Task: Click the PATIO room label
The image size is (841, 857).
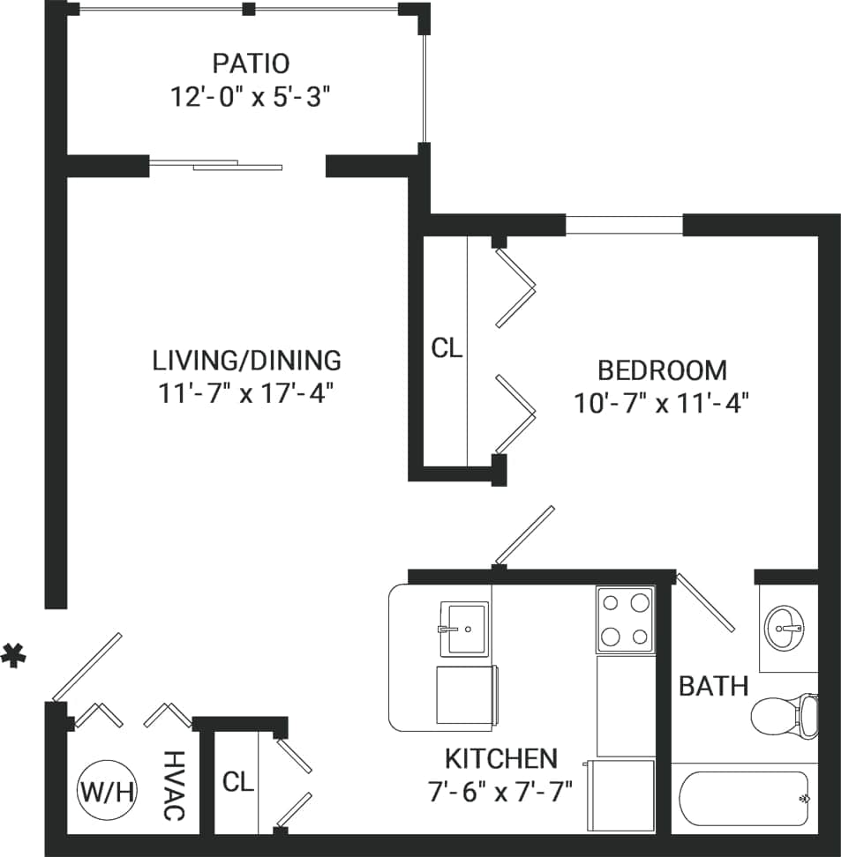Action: (251, 64)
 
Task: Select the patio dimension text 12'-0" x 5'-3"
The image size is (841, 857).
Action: (251, 96)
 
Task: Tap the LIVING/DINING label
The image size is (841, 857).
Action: (246, 360)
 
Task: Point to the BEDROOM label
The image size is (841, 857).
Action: (662, 370)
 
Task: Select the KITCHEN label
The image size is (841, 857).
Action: (500, 758)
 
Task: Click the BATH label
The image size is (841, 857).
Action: (713, 686)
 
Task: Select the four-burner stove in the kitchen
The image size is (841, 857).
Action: (625, 620)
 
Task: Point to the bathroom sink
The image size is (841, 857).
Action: (784, 628)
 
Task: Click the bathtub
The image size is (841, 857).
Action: (743, 798)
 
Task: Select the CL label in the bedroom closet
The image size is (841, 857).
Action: (447, 348)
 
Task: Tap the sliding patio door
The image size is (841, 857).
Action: (216, 164)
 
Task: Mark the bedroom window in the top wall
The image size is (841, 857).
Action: (623, 225)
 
